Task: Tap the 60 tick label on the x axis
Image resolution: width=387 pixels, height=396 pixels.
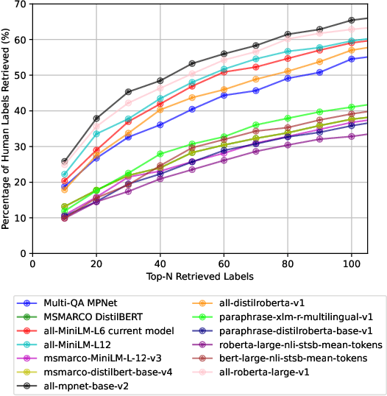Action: click(x=224, y=263)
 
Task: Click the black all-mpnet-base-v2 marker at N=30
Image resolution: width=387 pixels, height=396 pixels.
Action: click(x=128, y=92)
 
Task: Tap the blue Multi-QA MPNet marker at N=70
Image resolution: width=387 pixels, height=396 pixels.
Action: click(x=256, y=91)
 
